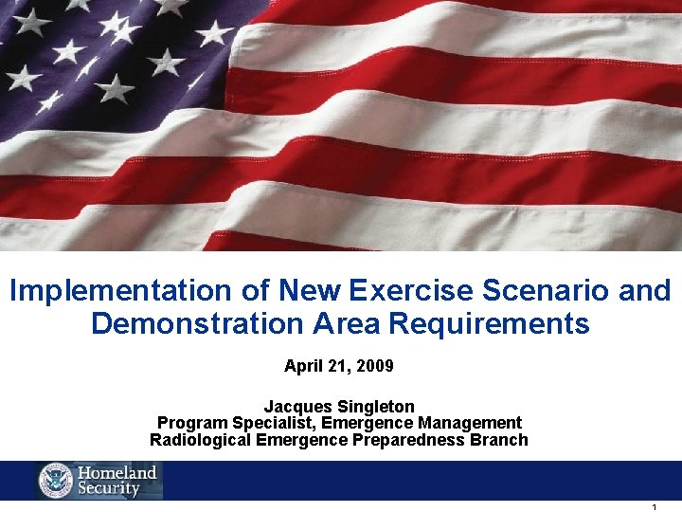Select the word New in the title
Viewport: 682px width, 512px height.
(312, 290)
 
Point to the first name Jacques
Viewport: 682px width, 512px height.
(297, 407)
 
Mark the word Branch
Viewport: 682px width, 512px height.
(501, 440)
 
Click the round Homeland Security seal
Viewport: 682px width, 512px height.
(56, 481)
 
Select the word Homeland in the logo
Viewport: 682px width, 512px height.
(117, 472)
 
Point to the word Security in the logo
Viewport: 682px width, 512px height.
(109, 489)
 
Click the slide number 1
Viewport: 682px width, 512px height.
(655, 508)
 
